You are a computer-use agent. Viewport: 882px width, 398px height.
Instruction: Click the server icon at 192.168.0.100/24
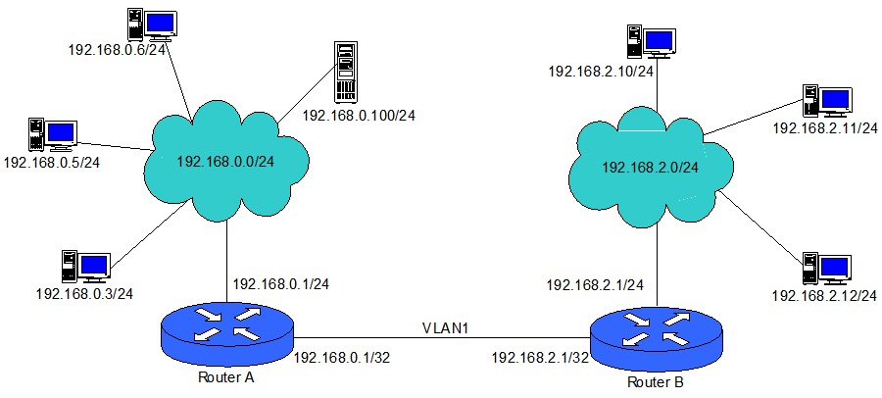pos(343,73)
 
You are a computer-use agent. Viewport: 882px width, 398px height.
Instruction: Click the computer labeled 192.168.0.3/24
pos(84,266)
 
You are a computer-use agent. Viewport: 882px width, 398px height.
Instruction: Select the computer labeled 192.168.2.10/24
pos(651,40)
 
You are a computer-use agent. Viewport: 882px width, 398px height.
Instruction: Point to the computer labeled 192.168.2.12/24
pos(826,268)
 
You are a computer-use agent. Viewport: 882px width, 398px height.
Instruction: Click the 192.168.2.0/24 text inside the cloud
pos(650,168)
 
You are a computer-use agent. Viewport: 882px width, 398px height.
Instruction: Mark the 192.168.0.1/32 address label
pos(342,359)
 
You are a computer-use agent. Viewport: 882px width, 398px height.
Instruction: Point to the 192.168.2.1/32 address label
pos(540,359)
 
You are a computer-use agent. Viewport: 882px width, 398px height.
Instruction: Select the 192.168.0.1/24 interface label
pos(280,284)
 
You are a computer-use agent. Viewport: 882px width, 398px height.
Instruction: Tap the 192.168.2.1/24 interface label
pos(595,285)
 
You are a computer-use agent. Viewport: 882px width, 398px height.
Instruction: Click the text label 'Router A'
pos(225,379)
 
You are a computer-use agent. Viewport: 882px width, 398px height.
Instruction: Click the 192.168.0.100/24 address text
pos(360,115)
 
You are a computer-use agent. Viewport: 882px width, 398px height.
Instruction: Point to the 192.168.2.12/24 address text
pos(824,295)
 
